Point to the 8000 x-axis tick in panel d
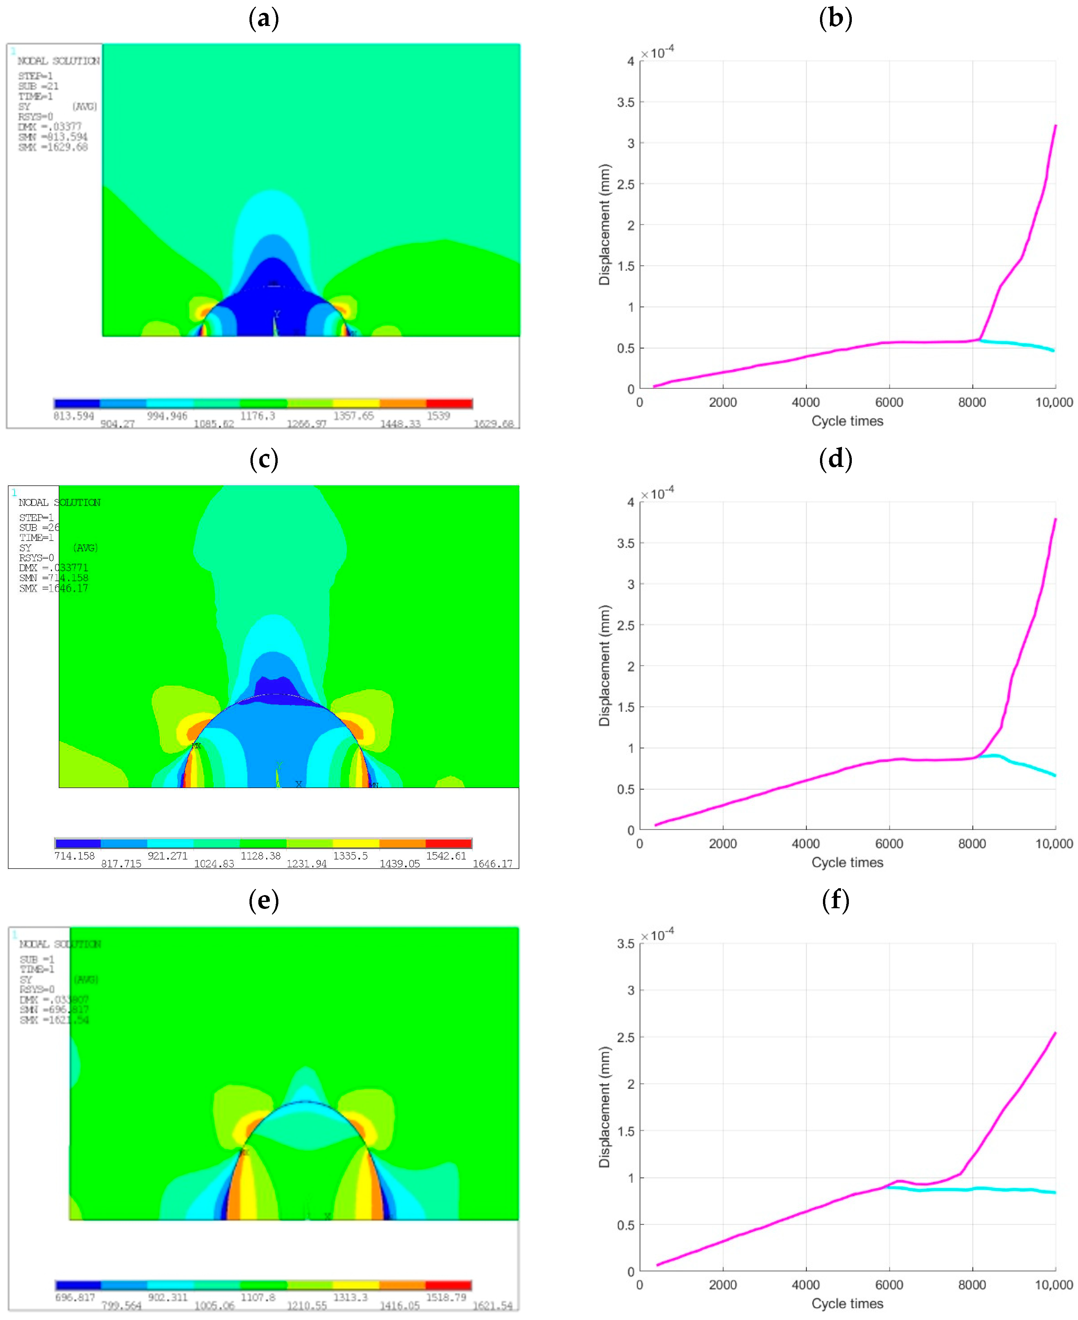(x=972, y=844)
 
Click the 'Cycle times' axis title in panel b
(x=847, y=421)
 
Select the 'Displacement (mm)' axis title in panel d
(x=604, y=665)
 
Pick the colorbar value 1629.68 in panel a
(x=494, y=424)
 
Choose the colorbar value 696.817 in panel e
(x=75, y=1298)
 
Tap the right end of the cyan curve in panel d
(x=1054, y=775)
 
